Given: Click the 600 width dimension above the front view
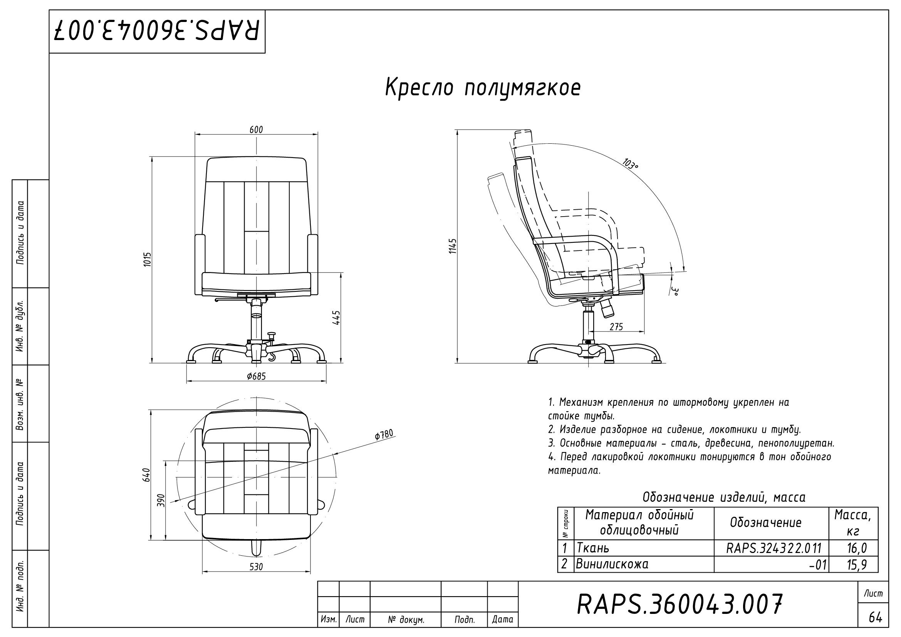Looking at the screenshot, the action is (x=256, y=129).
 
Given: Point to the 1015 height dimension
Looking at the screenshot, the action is (x=148, y=259).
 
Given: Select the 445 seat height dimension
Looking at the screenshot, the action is (x=336, y=318).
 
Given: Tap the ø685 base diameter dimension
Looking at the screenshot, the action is (x=256, y=376).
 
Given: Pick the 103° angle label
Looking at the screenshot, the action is (x=630, y=164).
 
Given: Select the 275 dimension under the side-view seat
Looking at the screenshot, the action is (x=616, y=326).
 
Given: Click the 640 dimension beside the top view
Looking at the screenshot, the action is (x=146, y=475).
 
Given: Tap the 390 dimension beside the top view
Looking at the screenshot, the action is (x=161, y=501).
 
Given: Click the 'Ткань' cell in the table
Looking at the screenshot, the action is (x=593, y=548).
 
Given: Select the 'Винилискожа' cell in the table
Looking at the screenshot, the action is (x=612, y=564).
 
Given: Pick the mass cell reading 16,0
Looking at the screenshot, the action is (x=857, y=548).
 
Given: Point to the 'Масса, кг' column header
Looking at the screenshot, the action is (x=853, y=523).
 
